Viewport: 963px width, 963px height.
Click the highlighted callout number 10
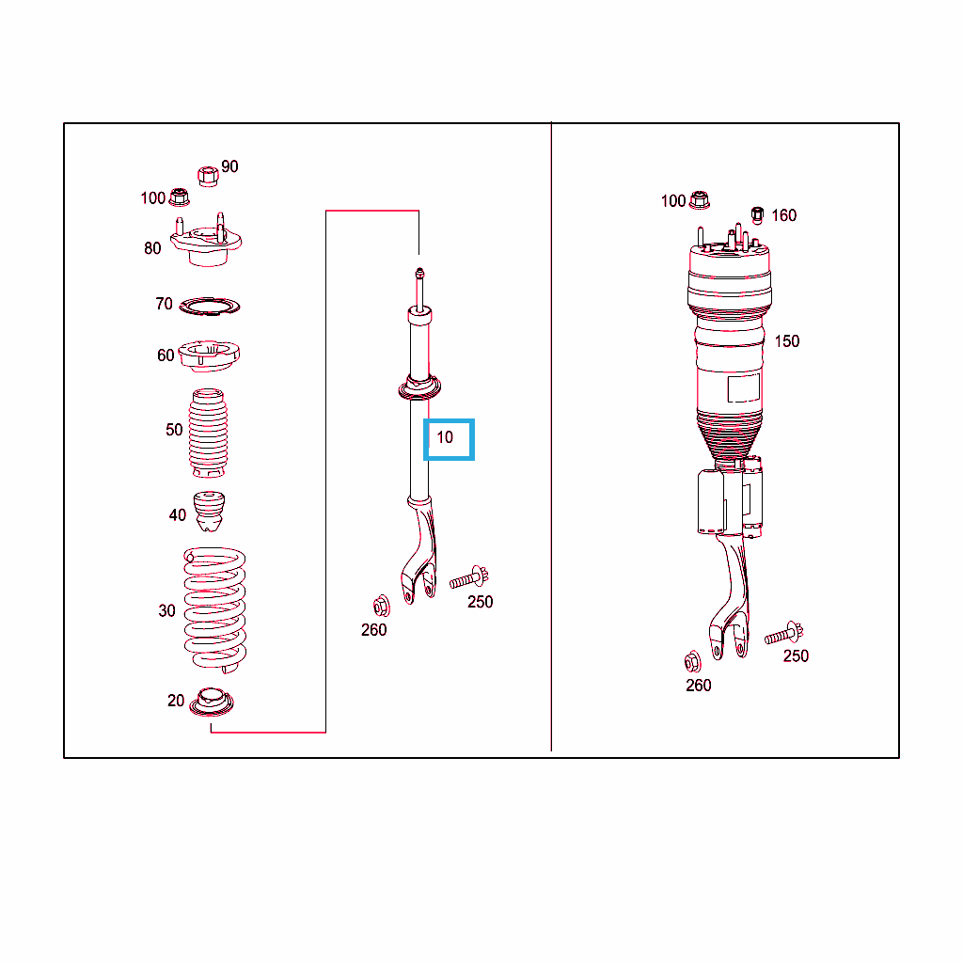(x=445, y=437)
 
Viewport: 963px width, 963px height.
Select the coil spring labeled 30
(x=214, y=609)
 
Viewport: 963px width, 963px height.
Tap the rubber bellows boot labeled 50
(x=208, y=433)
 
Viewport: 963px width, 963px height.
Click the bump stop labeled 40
(x=209, y=511)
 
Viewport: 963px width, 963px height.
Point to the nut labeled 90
(x=208, y=176)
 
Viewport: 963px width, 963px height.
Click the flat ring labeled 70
(x=210, y=306)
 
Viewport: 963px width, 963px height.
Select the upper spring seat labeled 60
(x=209, y=355)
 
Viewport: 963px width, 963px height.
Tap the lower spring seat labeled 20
(x=212, y=702)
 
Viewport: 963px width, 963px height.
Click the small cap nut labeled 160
(x=757, y=215)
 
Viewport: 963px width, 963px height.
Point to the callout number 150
(x=787, y=341)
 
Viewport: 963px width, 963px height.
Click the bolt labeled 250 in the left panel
(x=469, y=577)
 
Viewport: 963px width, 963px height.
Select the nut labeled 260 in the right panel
(x=693, y=661)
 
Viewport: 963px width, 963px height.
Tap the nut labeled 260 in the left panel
(x=382, y=607)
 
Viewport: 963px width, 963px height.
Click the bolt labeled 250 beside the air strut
(x=784, y=633)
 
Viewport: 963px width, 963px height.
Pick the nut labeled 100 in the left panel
(x=180, y=197)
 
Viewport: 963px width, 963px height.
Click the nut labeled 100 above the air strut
(x=700, y=200)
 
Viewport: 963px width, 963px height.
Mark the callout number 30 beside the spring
(x=167, y=611)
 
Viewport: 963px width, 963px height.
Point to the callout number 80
(x=152, y=248)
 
